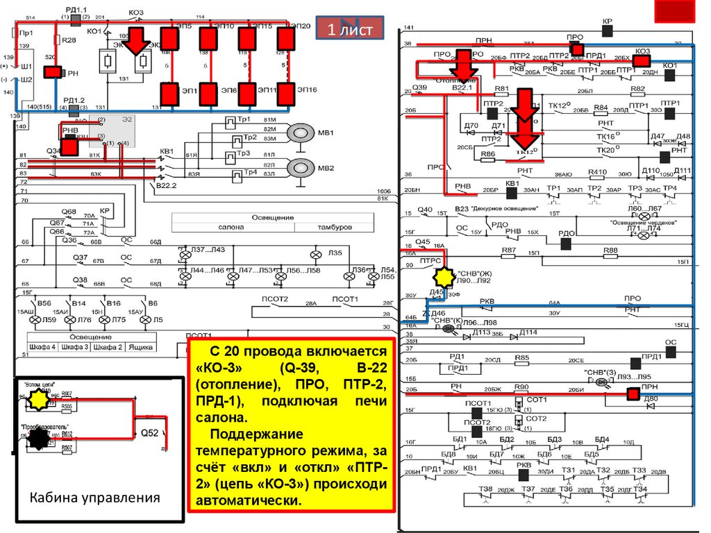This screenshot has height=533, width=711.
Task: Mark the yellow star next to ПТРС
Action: click(442, 278)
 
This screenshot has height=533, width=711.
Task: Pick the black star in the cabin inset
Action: click(41, 437)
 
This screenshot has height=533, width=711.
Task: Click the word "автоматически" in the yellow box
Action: click(249, 500)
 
